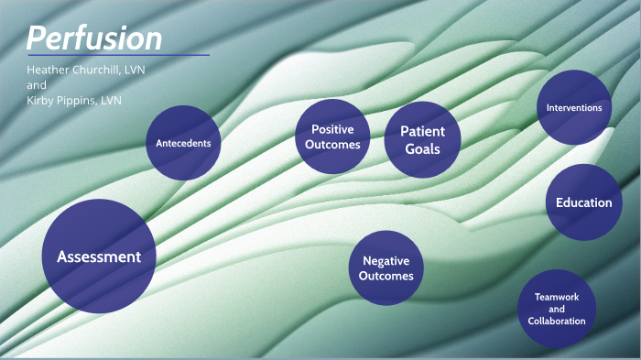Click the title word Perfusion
(94, 38)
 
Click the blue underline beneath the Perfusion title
(118, 55)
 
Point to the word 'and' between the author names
(36, 85)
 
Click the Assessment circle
(99, 256)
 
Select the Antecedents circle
(183, 143)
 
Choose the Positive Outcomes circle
(331, 136)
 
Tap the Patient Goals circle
(421, 139)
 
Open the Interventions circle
(573, 108)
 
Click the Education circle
(584, 202)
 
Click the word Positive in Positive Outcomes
(331, 129)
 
